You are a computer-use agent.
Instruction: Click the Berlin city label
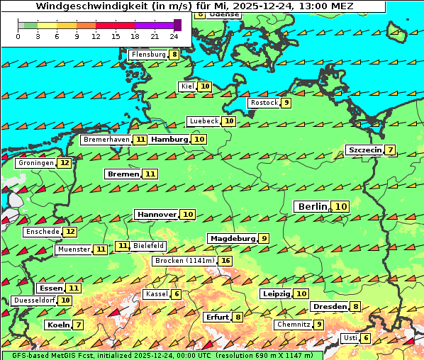click(x=311, y=206)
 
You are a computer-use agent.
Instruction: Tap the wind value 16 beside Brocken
click(x=225, y=261)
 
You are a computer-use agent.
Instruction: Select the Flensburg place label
click(x=148, y=55)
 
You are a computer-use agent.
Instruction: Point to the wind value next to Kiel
click(x=205, y=86)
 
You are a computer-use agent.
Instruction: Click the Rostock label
click(x=264, y=103)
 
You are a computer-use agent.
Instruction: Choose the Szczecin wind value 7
click(x=390, y=150)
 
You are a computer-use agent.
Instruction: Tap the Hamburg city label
click(x=169, y=140)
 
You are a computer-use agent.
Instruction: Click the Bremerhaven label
click(x=106, y=140)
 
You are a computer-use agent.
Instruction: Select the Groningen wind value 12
click(x=65, y=163)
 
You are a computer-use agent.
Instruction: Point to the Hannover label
click(x=157, y=214)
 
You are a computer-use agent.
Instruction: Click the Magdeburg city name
click(x=232, y=239)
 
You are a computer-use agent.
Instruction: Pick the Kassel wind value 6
click(x=176, y=294)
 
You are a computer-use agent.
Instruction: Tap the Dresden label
click(x=329, y=307)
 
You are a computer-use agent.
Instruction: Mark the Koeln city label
click(x=57, y=325)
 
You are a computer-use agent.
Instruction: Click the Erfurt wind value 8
click(x=238, y=317)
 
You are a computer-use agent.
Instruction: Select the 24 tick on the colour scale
click(x=174, y=36)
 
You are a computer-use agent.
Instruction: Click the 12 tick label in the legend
click(x=96, y=36)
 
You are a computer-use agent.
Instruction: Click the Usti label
click(x=350, y=338)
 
